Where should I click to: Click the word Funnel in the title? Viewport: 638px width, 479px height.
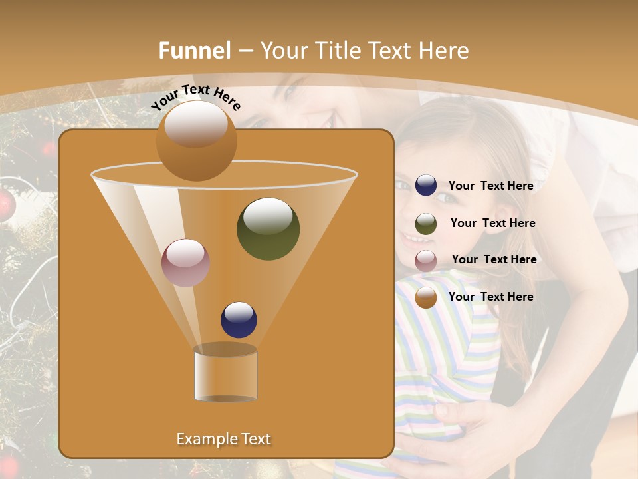pos(195,51)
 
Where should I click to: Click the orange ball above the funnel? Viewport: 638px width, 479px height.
pos(196,140)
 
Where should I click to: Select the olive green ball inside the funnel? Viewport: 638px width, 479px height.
pos(268,228)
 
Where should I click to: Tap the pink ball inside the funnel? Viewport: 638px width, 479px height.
pos(185,263)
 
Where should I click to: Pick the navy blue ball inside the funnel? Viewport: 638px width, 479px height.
pos(239,320)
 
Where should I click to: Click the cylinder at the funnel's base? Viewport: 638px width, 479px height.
pos(225,373)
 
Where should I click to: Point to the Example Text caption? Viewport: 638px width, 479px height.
pos(224,439)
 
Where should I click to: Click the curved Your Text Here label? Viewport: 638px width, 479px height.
pos(195,97)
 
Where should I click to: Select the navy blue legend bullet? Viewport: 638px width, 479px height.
pos(426,185)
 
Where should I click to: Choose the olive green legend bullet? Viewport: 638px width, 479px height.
pos(426,223)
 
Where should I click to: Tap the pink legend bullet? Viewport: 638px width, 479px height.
pos(426,260)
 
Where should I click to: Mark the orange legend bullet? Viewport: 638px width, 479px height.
pos(426,297)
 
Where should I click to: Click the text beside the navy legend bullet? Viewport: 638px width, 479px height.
pos(490,186)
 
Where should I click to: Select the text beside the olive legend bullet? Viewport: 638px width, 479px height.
pos(492,223)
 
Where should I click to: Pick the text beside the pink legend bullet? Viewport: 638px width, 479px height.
pos(494,259)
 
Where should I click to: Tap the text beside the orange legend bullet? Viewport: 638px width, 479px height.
pos(490,297)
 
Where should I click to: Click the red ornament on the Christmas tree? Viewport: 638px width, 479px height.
pos(5,206)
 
